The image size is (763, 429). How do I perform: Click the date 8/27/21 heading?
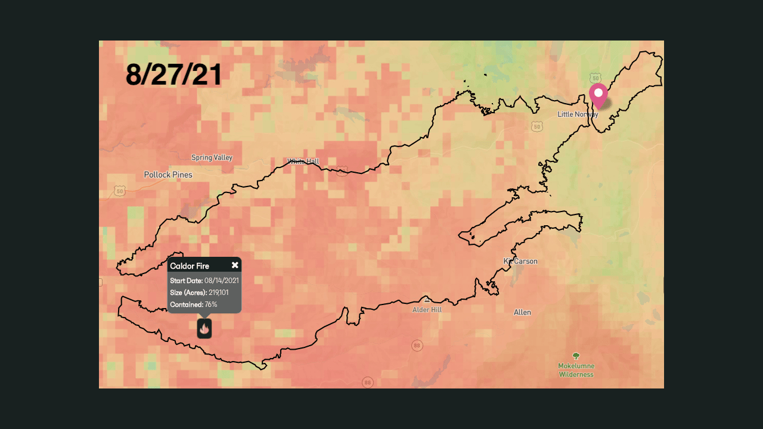click(x=174, y=75)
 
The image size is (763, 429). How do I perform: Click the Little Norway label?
click(x=577, y=114)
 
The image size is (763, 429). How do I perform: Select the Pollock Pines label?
click(x=168, y=175)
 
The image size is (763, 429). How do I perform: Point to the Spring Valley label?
click(x=212, y=158)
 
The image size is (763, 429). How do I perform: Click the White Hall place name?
click(x=303, y=161)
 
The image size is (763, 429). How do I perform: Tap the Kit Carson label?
click(x=520, y=262)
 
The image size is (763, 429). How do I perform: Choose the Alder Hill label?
click(x=427, y=310)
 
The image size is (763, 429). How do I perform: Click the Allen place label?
click(x=522, y=313)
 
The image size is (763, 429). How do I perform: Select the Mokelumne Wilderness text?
click(x=576, y=370)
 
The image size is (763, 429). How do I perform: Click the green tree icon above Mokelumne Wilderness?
click(x=576, y=356)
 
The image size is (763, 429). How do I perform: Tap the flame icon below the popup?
click(x=204, y=328)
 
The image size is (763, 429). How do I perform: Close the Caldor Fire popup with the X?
click(x=235, y=265)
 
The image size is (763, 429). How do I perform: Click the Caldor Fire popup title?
click(x=190, y=266)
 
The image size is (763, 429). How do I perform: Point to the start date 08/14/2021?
click(x=222, y=281)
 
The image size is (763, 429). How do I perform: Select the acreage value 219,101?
click(x=219, y=293)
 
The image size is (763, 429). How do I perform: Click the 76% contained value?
click(x=211, y=304)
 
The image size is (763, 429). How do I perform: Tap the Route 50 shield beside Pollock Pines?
click(x=120, y=191)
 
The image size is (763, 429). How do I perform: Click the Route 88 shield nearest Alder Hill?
click(x=417, y=346)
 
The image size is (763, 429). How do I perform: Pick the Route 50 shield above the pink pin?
click(x=595, y=78)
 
